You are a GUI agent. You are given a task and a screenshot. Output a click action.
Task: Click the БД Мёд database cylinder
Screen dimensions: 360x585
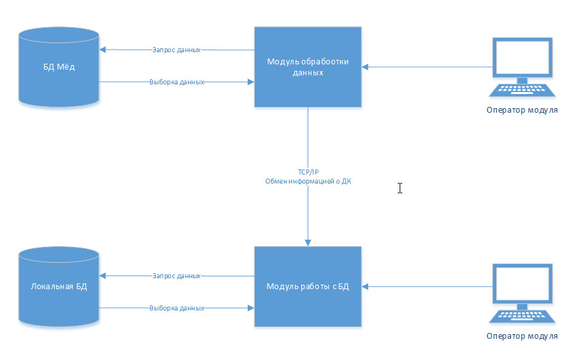click(59, 66)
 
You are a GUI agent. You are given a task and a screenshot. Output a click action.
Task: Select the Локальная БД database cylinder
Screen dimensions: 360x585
click(59, 287)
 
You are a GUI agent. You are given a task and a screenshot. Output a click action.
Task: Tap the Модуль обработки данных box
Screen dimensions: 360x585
click(308, 66)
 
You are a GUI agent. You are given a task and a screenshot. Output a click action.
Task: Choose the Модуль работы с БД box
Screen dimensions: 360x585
click(308, 287)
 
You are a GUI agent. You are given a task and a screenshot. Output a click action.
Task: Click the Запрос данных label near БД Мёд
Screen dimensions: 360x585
click(177, 50)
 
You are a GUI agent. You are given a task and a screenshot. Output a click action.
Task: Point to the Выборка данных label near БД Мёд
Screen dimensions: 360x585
click(177, 82)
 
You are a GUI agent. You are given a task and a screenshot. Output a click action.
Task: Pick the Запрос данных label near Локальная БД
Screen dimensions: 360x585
click(177, 276)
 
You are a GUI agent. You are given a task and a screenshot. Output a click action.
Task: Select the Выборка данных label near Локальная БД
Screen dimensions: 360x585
click(177, 308)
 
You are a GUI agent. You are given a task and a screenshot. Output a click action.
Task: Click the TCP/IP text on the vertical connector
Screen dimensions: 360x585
click(308, 172)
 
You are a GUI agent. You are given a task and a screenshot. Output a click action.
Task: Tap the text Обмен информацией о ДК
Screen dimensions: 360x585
click(308, 182)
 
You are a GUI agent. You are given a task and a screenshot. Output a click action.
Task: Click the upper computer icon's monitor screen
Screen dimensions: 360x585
click(521, 58)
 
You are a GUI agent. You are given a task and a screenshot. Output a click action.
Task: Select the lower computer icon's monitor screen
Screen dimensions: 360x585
click(521, 283)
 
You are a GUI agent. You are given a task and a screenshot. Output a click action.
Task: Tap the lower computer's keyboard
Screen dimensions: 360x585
click(521, 316)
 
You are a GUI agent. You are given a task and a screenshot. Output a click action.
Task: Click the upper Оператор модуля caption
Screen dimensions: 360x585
click(521, 110)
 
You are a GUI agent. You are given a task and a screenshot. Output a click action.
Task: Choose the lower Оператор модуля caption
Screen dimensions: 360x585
click(521, 336)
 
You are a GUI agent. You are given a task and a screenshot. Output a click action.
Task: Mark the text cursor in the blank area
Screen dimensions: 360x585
click(400, 188)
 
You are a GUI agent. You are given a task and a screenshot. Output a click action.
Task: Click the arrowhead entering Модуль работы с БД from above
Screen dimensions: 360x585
click(308, 242)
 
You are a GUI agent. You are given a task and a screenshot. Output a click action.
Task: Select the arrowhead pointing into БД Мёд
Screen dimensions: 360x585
click(104, 50)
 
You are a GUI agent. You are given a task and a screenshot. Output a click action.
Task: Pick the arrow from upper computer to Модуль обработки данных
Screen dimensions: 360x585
click(425, 66)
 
